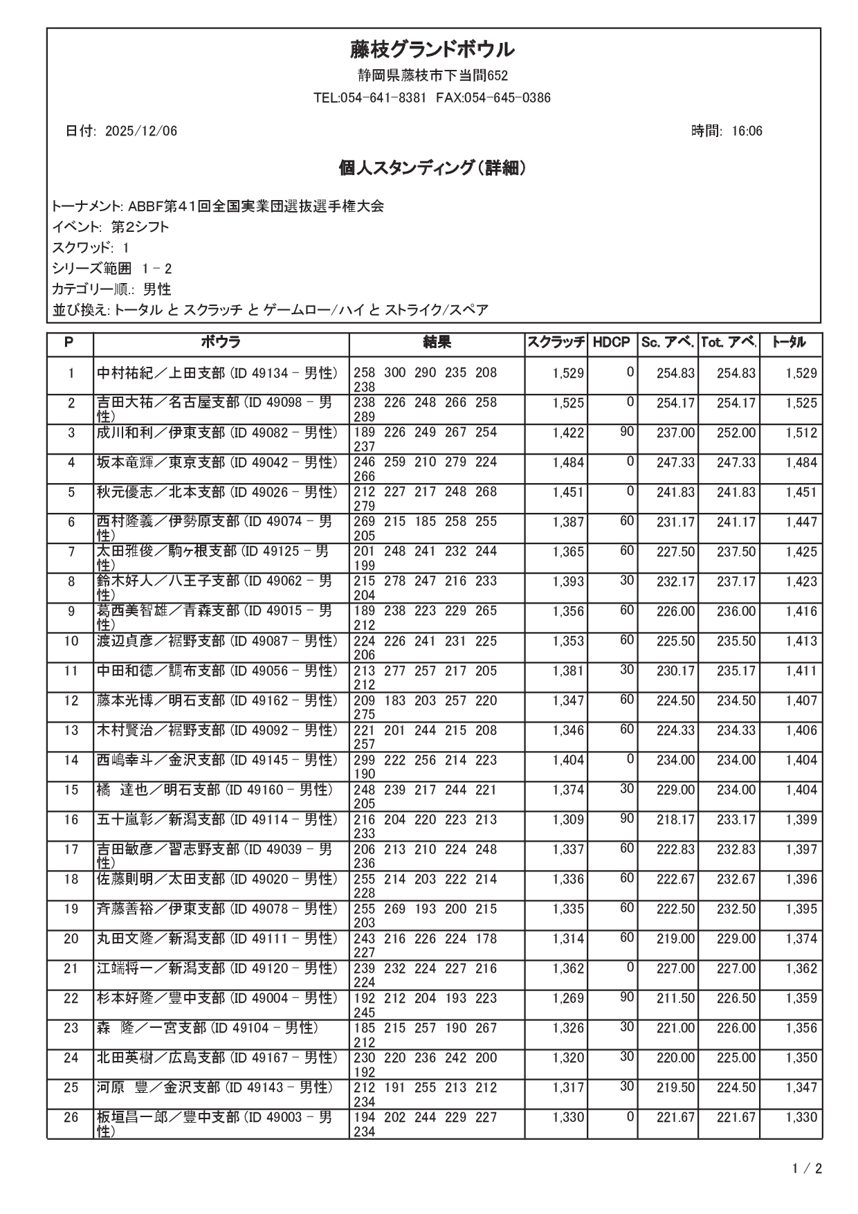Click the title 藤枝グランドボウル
(432, 50)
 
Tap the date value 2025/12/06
(140, 132)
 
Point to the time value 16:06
(747, 132)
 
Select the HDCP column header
(612, 343)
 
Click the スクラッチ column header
(556, 343)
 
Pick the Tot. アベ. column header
(729, 343)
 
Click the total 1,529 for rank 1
(801, 374)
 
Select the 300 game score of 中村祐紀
(394, 373)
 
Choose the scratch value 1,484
(568, 463)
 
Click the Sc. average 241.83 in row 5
(675, 493)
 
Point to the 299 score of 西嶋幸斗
(365, 761)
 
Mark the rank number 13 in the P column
(71, 731)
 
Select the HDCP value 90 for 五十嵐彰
(626, 819)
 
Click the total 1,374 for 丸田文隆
(801, 939)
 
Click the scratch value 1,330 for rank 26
(568, 1118)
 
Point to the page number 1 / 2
(807, 1170)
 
